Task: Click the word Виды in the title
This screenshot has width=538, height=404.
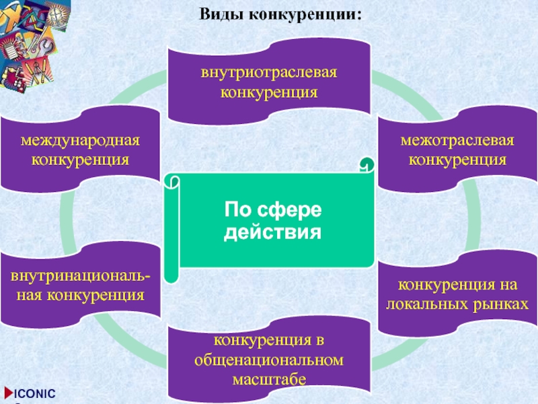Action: coord(221,13)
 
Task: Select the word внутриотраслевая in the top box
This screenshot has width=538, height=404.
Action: coord(268,72)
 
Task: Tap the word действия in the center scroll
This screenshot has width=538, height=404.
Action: coord(272,233)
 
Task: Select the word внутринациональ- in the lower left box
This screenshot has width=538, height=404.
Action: coord(80,276)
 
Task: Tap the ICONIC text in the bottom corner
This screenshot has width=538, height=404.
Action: coord(36,393)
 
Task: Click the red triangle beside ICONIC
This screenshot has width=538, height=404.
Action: coord(7,393)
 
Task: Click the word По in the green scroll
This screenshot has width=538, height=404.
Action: coord(239,211)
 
